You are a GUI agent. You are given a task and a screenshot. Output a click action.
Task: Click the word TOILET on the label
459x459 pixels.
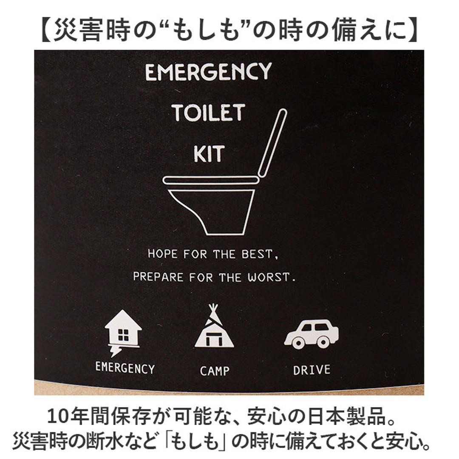coord(208,113)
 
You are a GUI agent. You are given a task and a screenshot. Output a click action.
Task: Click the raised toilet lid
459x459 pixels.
coord(272,142)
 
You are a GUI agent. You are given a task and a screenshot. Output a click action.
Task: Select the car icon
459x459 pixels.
coord(311,334)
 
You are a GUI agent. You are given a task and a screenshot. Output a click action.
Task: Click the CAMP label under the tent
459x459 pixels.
coord(214,371)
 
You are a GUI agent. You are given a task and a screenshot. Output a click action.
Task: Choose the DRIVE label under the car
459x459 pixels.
coord(312,370)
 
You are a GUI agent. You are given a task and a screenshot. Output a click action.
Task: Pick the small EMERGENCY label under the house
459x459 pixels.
coord(125,368)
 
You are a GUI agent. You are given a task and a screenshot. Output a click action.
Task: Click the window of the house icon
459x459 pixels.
coord(123,335)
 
